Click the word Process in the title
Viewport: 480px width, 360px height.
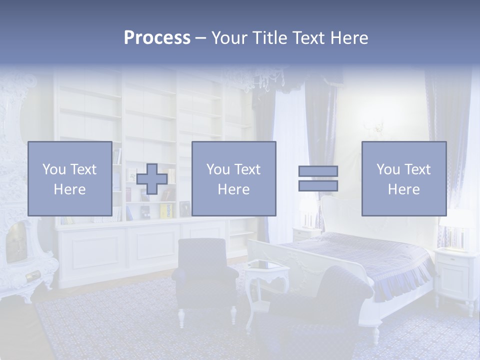coord(157,37)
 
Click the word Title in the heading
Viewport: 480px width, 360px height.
coord(269,37)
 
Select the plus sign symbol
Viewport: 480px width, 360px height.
coord(152,178)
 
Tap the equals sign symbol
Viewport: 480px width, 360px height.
coord(318,178)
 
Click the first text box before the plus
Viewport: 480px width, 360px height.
coord(70,178)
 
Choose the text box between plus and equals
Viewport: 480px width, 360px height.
coord(233,178)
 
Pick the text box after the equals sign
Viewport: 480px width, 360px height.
coord(403,178)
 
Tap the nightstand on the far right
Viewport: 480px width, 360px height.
coord(455,272)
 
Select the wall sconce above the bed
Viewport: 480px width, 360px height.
coord(379,125)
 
